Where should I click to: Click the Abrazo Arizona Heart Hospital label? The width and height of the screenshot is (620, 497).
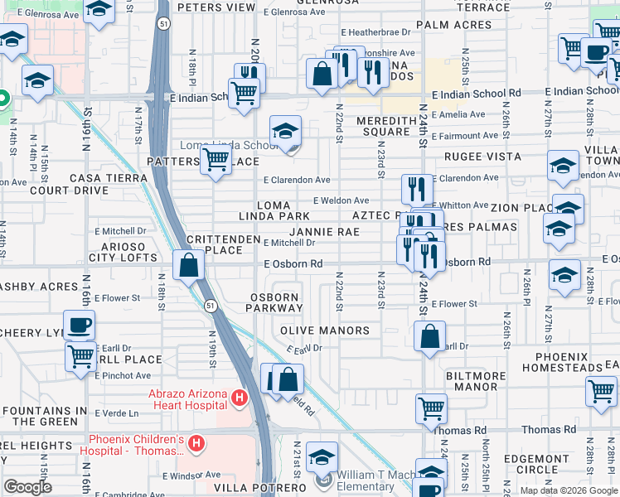pos(187,399)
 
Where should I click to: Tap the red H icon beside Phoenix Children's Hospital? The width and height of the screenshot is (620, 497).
pos(196,445)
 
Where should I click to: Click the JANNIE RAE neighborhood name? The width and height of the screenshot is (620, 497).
pos(324,232)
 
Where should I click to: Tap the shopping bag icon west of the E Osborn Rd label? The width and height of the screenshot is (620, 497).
pos(189,265)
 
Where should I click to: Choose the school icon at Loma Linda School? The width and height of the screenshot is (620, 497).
pos(285,131)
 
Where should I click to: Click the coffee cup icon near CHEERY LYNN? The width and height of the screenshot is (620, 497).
pos(80,325)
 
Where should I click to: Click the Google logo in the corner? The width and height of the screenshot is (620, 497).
pos(27,487)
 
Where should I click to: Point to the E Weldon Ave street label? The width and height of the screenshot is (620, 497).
pos(341,200)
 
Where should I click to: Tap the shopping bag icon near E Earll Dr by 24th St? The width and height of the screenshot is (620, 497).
pos(429,336)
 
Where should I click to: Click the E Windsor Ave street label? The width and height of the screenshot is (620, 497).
pos(192,475)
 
